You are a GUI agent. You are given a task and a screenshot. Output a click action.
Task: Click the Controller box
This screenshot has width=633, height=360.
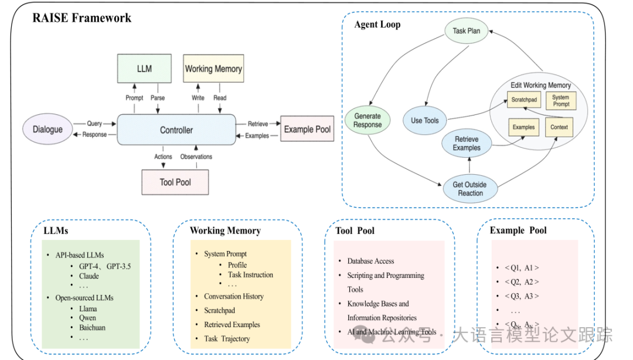pyautogui.click(x=176, y=130)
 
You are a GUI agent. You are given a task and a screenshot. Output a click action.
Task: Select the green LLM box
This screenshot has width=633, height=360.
pyautogui.click(x=144, y=69)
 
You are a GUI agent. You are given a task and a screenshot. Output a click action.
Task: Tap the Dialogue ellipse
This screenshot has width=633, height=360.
pyautogui.click(x=47, y=130)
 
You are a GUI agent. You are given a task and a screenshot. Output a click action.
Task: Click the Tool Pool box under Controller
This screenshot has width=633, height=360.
pyautogui.click(x=175, y=182)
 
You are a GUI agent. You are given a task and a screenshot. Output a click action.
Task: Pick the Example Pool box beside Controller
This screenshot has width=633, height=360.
pyautogui.click(x=307, y=129)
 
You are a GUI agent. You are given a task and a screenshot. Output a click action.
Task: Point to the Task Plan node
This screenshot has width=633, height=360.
pyautogui.click(x=467, y=30)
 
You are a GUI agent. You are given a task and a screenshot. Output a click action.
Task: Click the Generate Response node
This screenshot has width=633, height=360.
pyautogui.click(x=367, y=120)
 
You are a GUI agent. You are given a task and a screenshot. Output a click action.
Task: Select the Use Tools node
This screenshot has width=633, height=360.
pyautogui.click(x=425, y=120)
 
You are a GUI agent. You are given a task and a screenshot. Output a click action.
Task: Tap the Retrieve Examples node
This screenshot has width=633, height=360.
pyautogui.click(x=467, y=144)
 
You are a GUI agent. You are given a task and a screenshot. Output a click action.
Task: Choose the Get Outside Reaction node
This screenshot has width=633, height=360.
pyautogui.click(x=470, y=189)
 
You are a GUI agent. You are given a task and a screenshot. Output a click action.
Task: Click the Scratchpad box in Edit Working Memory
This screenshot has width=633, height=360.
pyautogui.click(x=524, y=100)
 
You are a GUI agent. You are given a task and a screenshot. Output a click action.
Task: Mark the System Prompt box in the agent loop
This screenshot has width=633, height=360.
pyautogui.click(x=561, y=101)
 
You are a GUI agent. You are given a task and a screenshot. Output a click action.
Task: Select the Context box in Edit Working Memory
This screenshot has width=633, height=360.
pyautogui.click(x=559, y=127)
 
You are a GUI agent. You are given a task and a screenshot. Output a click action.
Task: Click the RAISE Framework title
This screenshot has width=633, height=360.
pyautogui.click(x=82, y=18)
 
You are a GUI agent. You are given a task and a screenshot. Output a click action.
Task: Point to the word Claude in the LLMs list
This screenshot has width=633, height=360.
pyautogui.click(x=89, y=276)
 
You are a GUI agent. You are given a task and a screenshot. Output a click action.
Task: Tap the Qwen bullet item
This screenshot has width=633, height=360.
pyautogui.click(x=87, y=318)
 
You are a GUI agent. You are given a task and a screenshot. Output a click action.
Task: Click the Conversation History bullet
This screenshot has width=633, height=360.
pyautogui.click(x=234, y=297)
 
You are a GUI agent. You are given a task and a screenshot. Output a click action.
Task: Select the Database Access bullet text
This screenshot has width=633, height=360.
pyautogui.click(x=370, y=261)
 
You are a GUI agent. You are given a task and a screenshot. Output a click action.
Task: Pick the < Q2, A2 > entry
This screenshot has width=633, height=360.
pyautogui.click(x=522, y=282)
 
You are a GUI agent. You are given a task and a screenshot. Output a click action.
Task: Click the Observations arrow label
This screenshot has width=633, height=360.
pyautogui.click(x=196, y=157)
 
